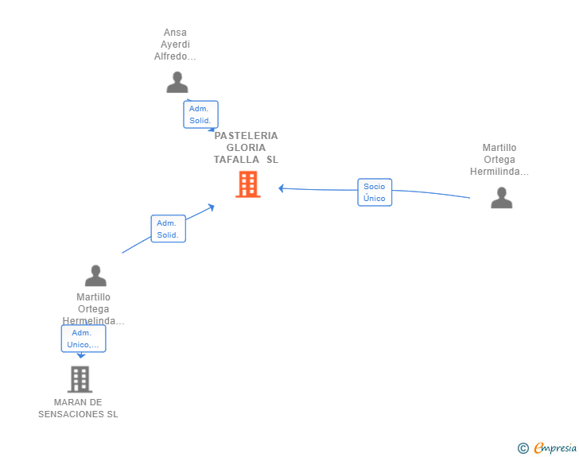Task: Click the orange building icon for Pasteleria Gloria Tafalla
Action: pyautogui.click(x=248, y=184)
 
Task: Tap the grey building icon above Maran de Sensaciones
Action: pyautogui.click(x=80, y=379)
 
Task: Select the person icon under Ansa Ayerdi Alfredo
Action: pyautogui.click(x=177, y=82)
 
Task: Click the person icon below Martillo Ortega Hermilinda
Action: pyautogui.click(x=501, y=197)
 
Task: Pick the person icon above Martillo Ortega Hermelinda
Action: pyautogui.click(x=95, y=275)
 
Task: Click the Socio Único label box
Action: pyautogui.click(x=375, y=192)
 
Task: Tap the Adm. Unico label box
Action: pyautogui.click(x=84, y=339)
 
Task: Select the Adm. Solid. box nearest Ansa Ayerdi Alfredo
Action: pyautogui.click(x=201, y=114)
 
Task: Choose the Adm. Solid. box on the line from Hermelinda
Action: pyautogui.click(x=169, y=229)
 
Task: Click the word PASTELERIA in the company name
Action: pyautogui.click(x=246, y=136)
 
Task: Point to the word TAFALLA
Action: pyautogui.click(x=236, y=160)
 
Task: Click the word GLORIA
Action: pyautogui.click(x=246, y=148)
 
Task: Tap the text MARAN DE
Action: pyautogui.click(x=78, y=402)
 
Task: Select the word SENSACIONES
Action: pyautogui.click(x=72, y=414)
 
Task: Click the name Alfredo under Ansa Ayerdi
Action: pyautogui.click(x=175, y=56)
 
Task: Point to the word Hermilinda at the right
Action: pyautogui.click(x=499, y=172)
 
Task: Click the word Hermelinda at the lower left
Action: pyautogui.click(x=93, y=321)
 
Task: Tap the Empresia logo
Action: pyautogui.click(x=555, y=447)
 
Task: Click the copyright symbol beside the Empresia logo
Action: pyautogui.click(x=523, y=448)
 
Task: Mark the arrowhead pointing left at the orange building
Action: pyautogui.click(x=281, y=188)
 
